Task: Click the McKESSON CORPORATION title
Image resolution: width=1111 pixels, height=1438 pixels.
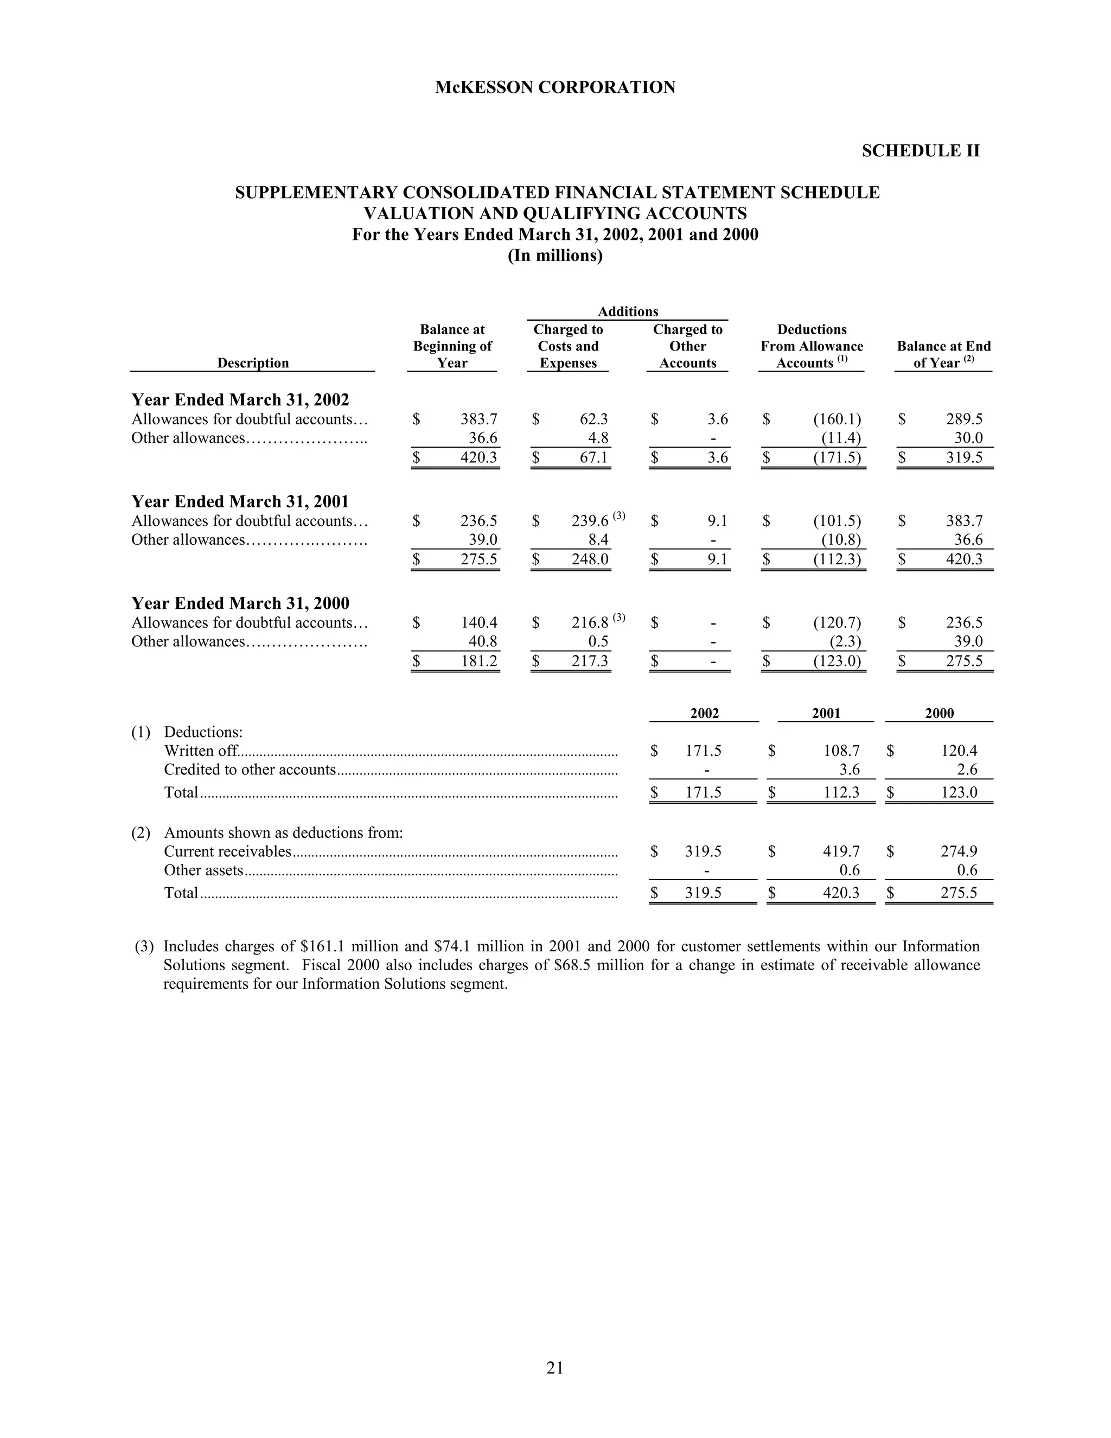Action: (555, 87)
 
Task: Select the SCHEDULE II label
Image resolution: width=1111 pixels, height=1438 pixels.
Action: (920, 151)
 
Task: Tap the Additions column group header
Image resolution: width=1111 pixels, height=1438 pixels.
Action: (627, 311)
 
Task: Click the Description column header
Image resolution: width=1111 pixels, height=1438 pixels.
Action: (253, 363)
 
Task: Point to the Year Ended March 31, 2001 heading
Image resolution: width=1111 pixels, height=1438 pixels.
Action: (240, 502)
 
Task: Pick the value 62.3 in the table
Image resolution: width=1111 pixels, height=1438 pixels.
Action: (593, 419)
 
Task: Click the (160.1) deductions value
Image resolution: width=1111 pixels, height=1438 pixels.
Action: (837, 419)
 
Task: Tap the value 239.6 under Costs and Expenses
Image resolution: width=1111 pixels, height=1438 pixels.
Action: (590, 521)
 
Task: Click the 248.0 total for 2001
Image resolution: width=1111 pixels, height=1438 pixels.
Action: (590, 559)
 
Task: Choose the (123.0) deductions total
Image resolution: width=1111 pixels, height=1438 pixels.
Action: (837, 661)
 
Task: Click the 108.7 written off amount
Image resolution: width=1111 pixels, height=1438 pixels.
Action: (841, 750)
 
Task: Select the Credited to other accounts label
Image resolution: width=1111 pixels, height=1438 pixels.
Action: (250, 769)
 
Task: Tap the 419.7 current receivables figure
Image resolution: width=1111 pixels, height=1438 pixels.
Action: (841, 851)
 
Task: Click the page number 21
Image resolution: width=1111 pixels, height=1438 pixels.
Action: (555, 1368)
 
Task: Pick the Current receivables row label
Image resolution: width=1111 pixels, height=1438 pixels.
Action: (227, 851)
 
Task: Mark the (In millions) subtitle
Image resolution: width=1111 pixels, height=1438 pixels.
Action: (555, 256)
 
